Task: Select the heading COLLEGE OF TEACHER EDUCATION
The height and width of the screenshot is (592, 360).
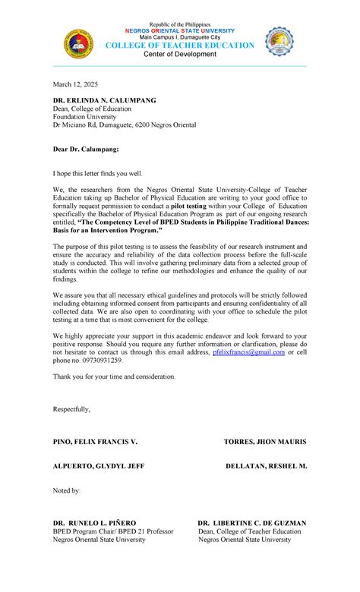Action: coord(179,46)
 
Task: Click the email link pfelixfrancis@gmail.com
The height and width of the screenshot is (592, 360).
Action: coord(248,352)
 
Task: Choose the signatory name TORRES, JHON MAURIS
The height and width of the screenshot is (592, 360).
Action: coord(265,442)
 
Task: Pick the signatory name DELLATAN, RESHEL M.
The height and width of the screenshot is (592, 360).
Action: coord(266,466)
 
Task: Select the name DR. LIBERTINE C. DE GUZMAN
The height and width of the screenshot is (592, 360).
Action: coord(252,523)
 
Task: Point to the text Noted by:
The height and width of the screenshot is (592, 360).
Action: coord(66,491)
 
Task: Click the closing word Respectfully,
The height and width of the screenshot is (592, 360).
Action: coord(71,409)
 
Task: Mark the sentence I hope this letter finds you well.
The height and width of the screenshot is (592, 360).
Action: coord(97,174)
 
